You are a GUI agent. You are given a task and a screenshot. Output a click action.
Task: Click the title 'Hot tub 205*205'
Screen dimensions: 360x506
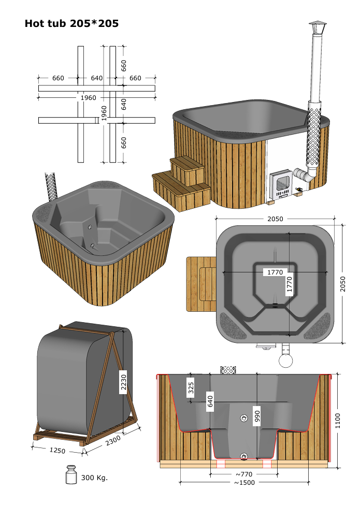tap(71, 23)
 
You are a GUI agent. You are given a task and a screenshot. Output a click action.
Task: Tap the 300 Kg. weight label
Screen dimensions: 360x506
tap(94, 478)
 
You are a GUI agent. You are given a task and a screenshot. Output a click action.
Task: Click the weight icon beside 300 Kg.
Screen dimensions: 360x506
tap(71, 474)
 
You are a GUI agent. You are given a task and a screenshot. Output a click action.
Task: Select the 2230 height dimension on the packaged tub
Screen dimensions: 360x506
tap(123, 380)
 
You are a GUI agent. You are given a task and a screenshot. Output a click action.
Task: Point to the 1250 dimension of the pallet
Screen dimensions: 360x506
tap(57, 450)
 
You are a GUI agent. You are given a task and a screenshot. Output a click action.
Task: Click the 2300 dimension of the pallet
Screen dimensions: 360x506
tap(113, 440)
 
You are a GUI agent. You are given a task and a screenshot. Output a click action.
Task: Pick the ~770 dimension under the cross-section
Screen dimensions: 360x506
tap(244, 474)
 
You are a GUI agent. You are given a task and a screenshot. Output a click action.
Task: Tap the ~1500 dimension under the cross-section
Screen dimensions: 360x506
tap(244, 483)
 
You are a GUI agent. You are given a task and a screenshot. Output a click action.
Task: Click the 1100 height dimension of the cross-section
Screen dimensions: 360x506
tap(338, 421)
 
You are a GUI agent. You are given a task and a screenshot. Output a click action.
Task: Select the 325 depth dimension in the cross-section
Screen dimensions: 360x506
tap(191, 387)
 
